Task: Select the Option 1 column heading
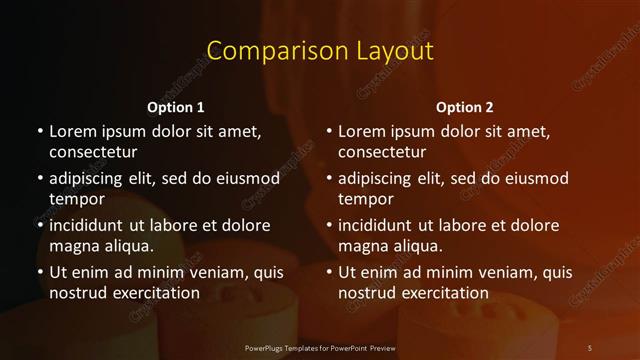pos(176,107)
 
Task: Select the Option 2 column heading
pos(465,107)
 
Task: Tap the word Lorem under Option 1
pos(71,131)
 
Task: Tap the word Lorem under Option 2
pos(360,131)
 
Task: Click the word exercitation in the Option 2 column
pos(443,293)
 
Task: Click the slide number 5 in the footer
pos(590,347)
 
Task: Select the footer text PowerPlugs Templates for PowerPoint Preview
pos(320,347)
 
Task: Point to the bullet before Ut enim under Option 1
pos(39,272)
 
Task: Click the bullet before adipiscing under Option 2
pos(328,178)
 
